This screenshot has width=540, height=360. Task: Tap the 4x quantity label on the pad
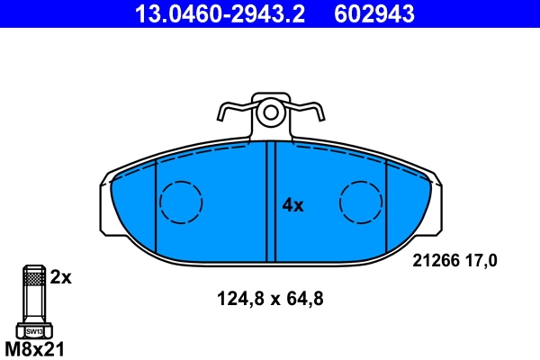pos(293,205)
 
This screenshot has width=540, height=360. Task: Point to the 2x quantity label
pos(60,277)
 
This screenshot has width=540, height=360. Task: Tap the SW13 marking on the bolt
pos(32,331)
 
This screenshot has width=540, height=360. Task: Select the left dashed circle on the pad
pos(181,202)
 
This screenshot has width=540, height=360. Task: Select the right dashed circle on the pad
pos(362,202)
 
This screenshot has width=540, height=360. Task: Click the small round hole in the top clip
pos(269,112)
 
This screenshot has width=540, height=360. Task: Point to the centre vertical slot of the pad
pos(270,202)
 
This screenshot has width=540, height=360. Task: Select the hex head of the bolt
pos(32,329)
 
